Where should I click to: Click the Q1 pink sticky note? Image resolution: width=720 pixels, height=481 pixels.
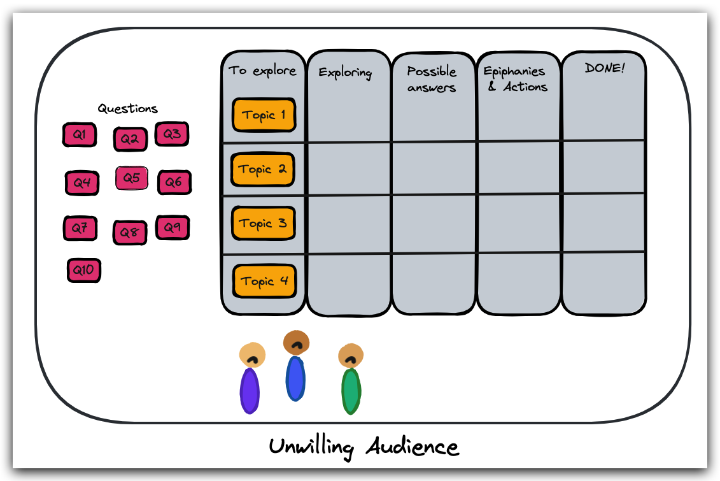coord(79,135)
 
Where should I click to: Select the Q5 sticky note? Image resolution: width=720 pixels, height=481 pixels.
coord(132,178)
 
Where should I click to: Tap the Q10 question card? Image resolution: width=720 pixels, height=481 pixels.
coord(83,270)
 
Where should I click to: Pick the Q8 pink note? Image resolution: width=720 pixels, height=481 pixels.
coord(129,233)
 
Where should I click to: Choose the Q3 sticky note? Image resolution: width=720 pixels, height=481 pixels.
coord(172,134)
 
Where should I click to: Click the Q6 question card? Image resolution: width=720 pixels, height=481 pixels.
coord(174,182)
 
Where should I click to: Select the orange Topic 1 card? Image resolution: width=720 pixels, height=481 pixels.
coord(264,115)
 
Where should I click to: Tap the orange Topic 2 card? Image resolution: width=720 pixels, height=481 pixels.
coord(262,169)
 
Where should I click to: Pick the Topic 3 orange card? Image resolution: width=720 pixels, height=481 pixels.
coord(263,224)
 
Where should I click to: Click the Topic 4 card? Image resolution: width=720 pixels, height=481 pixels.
coord(264,281)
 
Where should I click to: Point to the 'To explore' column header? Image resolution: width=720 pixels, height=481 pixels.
coord(263,70)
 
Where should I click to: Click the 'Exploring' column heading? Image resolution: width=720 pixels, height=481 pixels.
coord(345,72)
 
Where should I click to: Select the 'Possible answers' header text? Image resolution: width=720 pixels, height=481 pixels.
coord(432,80)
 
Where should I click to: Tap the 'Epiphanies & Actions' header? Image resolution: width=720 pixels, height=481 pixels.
coord(516,78)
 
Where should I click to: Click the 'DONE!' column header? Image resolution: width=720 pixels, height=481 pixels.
coord(605,68)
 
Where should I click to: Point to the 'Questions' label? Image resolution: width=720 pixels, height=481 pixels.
coord(128,108)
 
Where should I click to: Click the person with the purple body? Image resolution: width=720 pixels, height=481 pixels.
coord(249,389)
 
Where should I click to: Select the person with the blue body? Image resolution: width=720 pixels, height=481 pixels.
coord(295,377)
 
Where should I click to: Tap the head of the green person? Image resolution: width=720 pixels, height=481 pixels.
coord(350,355)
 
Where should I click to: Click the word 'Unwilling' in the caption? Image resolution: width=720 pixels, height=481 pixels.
coord(311,447)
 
